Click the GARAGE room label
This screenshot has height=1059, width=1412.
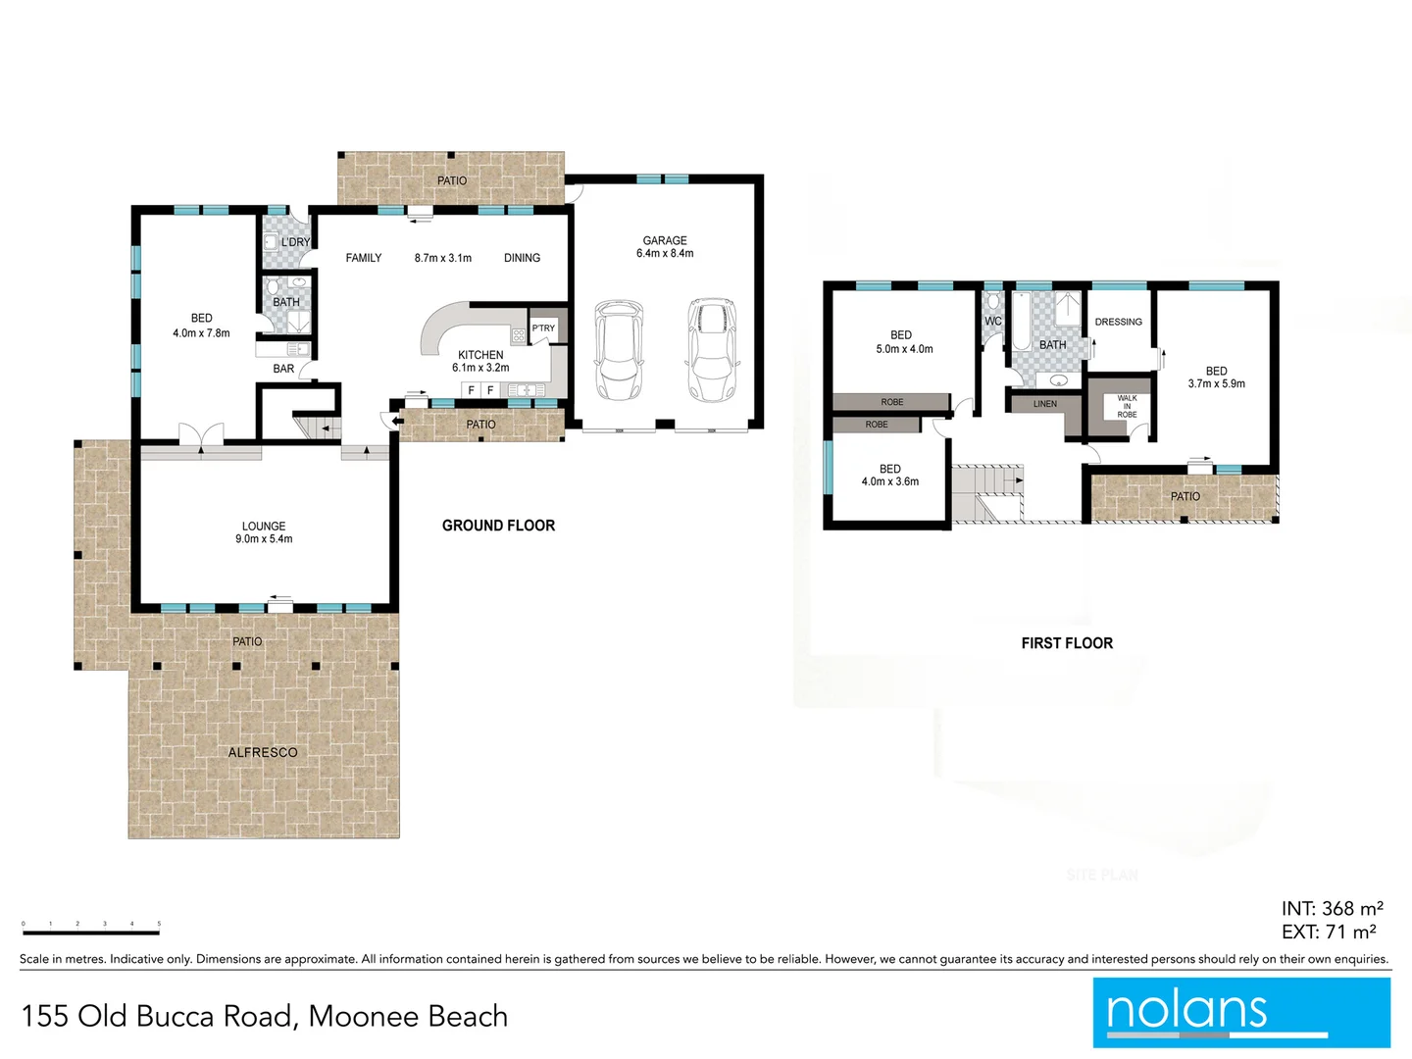pos(665,240)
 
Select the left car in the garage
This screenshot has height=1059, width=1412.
pos(619,350)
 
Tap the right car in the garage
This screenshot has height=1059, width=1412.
pos(711,350)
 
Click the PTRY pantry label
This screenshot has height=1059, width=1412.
pos(543,328)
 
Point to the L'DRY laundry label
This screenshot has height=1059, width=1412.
pos(295,242)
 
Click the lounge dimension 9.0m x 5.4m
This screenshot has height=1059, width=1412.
pos(264,539)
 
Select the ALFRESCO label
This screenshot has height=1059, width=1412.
pos(263,752)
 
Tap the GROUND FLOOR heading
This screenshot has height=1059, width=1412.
pos(498,526)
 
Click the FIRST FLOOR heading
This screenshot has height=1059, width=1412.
pos(1067,643)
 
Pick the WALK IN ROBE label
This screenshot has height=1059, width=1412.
pos(1127,406)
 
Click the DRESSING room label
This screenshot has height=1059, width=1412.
pos(1118,322)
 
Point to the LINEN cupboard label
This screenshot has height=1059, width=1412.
pos(1045,404)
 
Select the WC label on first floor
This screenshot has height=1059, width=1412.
pos(992,321)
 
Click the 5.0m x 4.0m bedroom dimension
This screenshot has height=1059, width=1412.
pos(904,349)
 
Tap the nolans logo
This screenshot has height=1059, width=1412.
pos(1240,1012)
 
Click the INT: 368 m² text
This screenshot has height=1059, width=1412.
pos(1332,909)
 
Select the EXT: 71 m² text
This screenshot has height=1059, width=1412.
pos(1329,933)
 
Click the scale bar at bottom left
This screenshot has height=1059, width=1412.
pos(90,932)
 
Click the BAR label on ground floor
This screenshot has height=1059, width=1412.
pos(283,369)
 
